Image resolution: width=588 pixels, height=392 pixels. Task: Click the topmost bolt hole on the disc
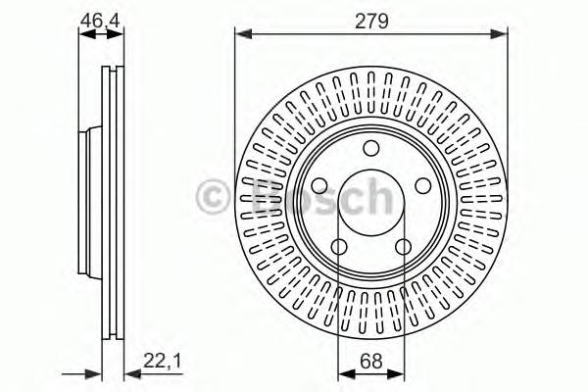coord(371,148)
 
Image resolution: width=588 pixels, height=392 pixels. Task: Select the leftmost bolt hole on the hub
coord(319,184)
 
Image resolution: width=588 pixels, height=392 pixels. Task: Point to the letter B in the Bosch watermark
coord(257,197)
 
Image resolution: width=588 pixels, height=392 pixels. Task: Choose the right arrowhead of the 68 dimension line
coord(400,372)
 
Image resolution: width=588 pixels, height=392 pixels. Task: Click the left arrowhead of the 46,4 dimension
coord(83,34)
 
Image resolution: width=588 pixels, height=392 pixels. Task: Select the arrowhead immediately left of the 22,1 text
coord(130,372)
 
